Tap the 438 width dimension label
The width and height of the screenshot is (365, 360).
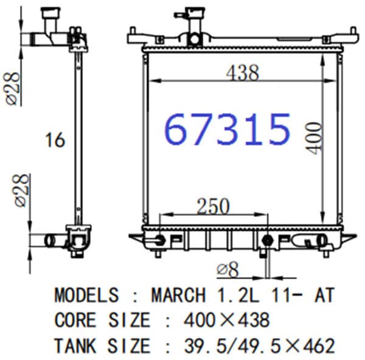242,73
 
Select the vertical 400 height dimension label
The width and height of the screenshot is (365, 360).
315,138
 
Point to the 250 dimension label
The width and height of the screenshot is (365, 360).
213,206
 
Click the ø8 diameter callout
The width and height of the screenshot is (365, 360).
228,269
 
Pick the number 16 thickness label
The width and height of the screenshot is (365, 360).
55,140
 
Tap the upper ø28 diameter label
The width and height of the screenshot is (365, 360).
13,89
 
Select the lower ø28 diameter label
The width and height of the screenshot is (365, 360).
22,190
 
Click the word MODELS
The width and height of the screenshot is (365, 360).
86,295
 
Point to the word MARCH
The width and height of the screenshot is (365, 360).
178,295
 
